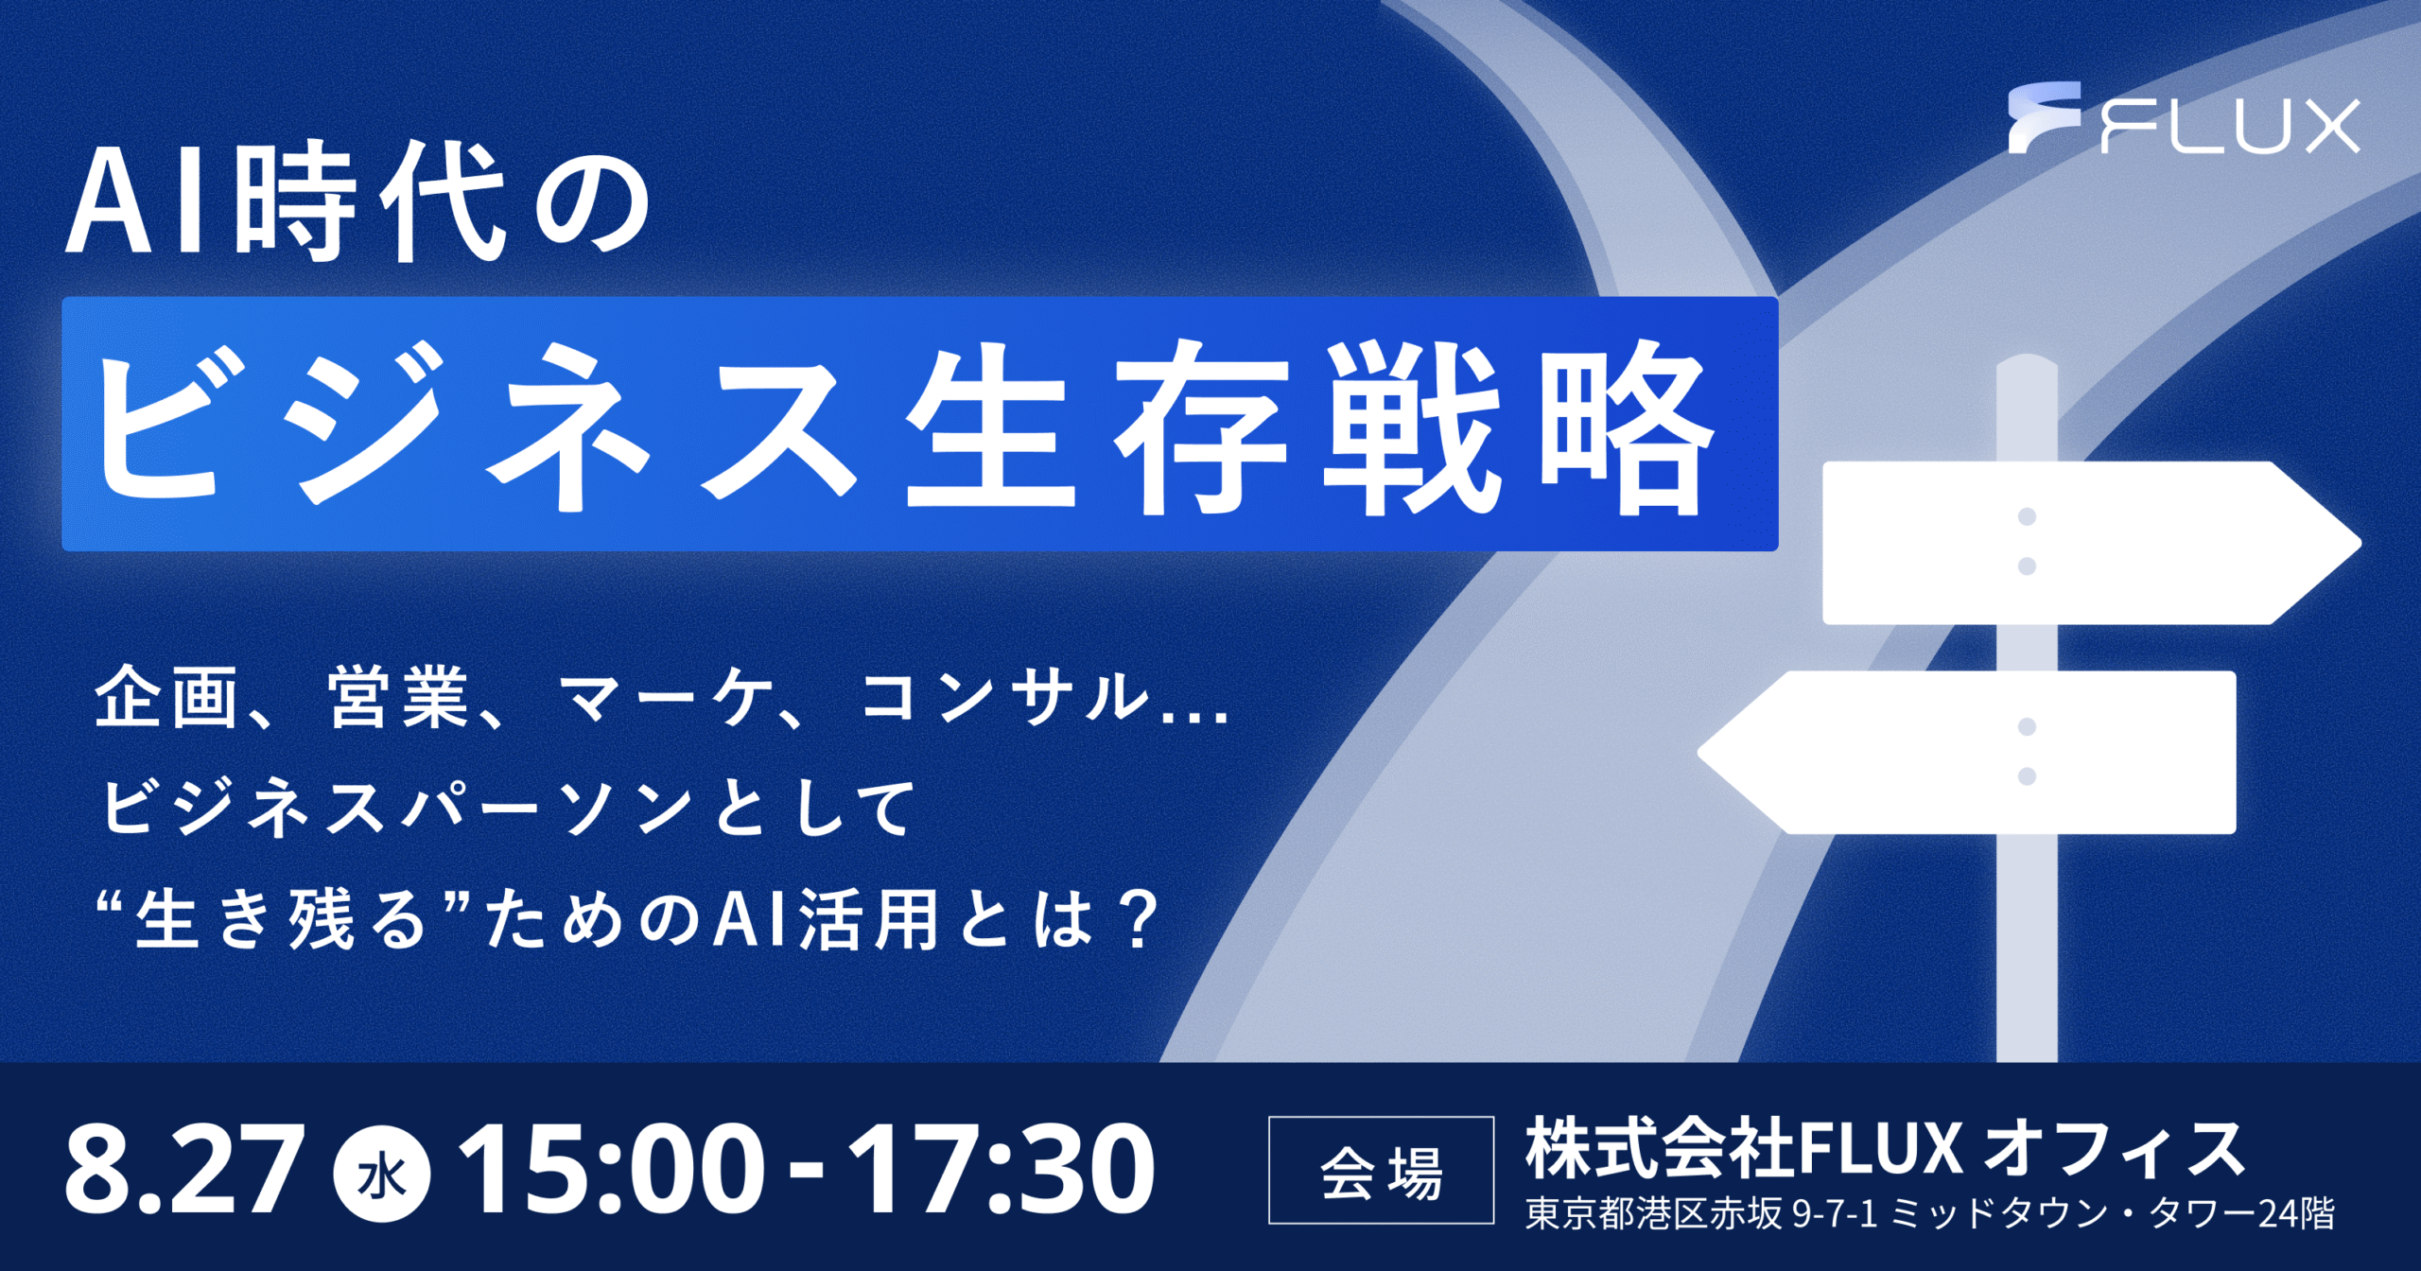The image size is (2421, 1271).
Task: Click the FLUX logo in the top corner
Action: coord(2184,119)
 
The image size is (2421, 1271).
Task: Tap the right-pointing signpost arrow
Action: coord(2090,543)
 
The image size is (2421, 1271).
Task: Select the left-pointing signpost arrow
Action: coord(1967,753)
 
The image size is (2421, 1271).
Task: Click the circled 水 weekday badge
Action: coord(382,1175)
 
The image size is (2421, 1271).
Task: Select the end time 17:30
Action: coord(1001,1170)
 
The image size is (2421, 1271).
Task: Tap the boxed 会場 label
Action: coord(1381,1171)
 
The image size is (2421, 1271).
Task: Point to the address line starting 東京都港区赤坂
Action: coord(1929,1213)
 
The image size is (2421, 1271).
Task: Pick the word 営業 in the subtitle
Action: coord(398,697)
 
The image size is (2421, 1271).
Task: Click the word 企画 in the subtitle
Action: coord(165,697)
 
